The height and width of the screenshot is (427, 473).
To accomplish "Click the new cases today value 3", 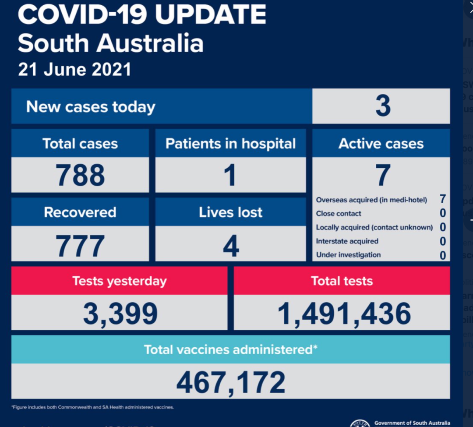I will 383,106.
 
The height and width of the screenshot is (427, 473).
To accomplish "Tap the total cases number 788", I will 80,175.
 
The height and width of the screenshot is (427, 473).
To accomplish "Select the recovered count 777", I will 80,245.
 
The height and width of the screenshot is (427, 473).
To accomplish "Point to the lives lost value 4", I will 231,245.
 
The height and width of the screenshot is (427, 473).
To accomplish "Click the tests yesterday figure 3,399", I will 120,314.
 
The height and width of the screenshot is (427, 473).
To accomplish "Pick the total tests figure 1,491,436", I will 344,314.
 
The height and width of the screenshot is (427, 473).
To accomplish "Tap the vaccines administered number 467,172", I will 231,382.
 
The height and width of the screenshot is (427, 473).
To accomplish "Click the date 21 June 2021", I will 74,70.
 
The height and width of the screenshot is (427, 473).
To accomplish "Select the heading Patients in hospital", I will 230,144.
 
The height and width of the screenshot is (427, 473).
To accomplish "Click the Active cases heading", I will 381,144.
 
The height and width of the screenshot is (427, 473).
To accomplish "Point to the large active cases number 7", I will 382,175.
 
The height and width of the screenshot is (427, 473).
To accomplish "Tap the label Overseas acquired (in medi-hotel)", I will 371,200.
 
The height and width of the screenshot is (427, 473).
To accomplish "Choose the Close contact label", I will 339,214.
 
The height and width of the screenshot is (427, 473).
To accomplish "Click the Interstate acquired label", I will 347,241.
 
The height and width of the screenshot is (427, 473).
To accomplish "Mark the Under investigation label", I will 348,255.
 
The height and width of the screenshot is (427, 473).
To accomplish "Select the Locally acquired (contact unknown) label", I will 374,227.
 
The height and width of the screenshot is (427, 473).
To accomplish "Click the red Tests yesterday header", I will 119,281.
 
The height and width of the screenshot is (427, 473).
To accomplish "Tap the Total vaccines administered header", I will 230,349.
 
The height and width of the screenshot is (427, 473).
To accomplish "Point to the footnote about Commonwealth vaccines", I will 93,407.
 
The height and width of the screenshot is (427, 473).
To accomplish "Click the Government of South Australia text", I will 412,423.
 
